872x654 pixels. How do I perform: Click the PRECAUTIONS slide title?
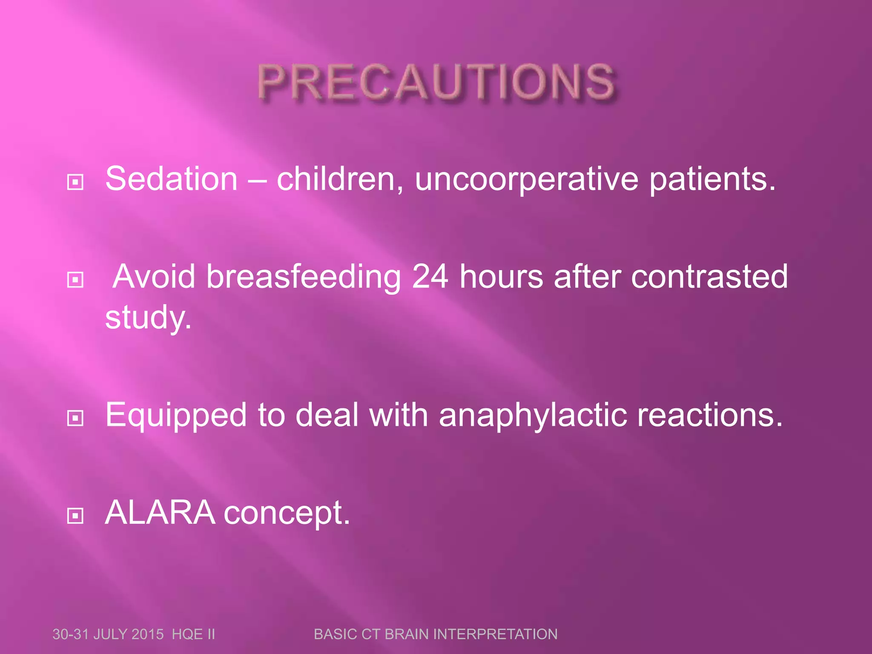pyautogui.click(x=436, y=82)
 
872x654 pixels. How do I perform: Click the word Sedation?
pyautogui.click(x=171, y=179)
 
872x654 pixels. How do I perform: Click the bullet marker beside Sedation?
pyautogui.click(x=75, y=183)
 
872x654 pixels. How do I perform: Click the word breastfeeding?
pyautogui.click(x=303, y=277)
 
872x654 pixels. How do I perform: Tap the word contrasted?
pyautogui.click(x=709, y=276)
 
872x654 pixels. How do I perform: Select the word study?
pyautogui.click(x=148, y=318)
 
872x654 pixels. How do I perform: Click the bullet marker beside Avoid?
pyautogui.click(x=75, y=280)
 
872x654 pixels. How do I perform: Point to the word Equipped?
pyautogui.click(x=176, y=416)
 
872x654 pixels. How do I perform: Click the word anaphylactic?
pyautogui.click(x=533, y=416)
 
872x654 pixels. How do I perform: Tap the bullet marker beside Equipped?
pyautogui.click(x=75, y=418)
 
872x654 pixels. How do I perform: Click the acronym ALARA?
pyautogui.click(x=160, y=512)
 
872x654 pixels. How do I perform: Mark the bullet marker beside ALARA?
pyautogui.click(x=75, y=516)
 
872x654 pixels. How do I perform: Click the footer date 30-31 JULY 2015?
pyautogui.click(x=108, y=634)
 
